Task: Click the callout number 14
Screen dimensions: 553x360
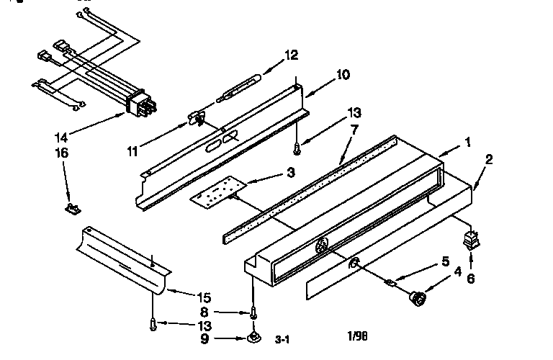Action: (x=61, y=137)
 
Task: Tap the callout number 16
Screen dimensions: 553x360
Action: (x=62, y=153)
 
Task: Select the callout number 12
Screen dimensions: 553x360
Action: (x=292, y=55)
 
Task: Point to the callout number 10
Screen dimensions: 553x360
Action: (x=343, y=75)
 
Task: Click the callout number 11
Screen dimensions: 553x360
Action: (x=132, y=152)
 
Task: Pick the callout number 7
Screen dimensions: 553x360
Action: (x=354, y=130)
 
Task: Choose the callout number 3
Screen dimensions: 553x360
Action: (x=291, y=173)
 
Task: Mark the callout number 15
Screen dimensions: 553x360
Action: (x=204, y=298)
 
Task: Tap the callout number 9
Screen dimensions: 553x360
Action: (x=204, y=339)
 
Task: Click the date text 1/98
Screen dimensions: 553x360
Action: (x=357, y=336)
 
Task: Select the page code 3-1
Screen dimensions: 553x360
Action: (x=282, y=340)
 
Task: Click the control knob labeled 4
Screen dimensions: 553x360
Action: (x=417, y=298)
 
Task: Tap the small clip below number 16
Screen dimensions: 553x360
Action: (x=73, y=209)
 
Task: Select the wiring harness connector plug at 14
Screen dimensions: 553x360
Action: (x=142, y=102)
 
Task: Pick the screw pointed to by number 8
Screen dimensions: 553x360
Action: (x=253, y=312)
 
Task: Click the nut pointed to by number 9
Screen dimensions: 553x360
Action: (x=253, y=338)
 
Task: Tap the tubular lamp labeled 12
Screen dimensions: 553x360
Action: (x=240, y=88)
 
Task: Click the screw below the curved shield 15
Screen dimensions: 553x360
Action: (x=153, y=324)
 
